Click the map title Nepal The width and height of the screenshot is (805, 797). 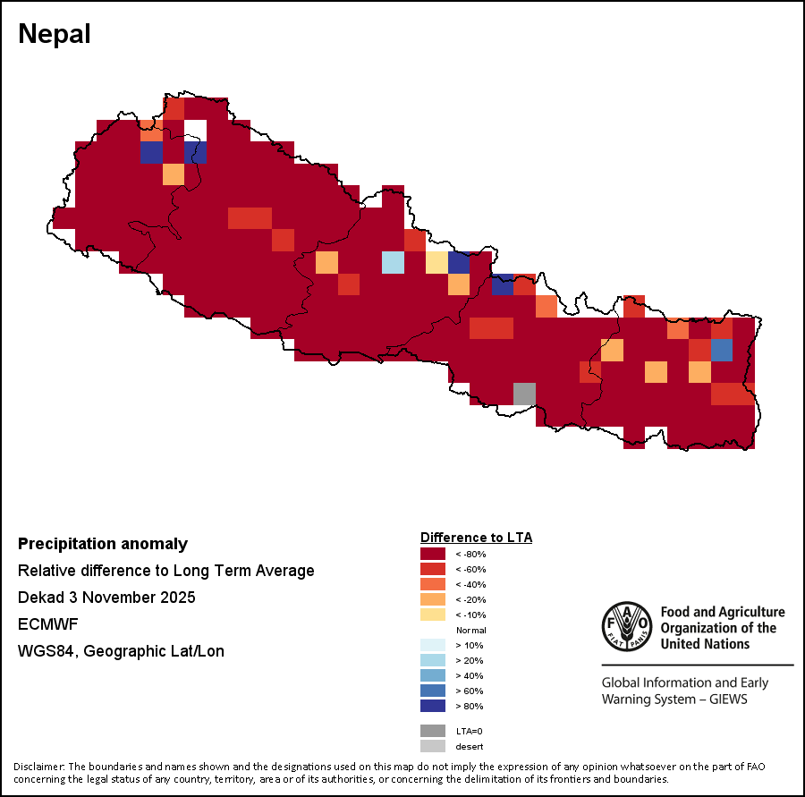(x=55, y=34)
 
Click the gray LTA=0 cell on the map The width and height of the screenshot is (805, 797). (x=524, y=394)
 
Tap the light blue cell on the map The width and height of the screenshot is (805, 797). (x=393, y=262)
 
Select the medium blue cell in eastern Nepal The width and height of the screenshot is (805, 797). (x=722, y=350)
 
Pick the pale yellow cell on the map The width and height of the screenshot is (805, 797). (x=436, y=262)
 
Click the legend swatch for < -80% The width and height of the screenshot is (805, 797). (x=433, y=555)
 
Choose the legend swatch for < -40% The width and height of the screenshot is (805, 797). (x=433, y=585)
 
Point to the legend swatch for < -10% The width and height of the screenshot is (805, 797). (x=433, y=615)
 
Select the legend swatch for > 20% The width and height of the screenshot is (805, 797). (x=433, y=660)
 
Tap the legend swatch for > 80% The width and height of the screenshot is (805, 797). (x=433, y=706)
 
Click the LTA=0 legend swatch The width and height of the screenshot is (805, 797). (x=433, y=731)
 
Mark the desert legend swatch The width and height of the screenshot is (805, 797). (x=433, y=746)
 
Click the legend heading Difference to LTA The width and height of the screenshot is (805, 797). (x=476, y=538)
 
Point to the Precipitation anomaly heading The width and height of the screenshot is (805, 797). (x=103, y=544)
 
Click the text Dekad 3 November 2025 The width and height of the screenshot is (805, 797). (x=106, y=598)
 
